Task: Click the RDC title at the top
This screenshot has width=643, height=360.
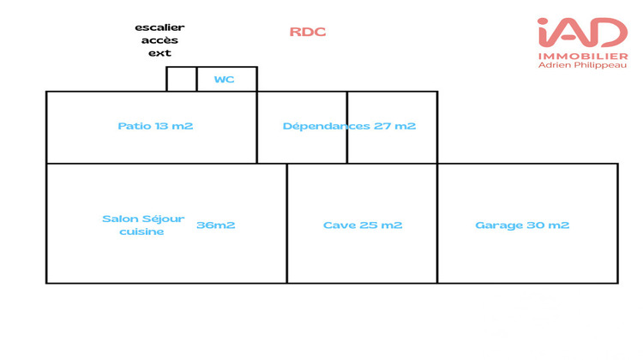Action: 308,33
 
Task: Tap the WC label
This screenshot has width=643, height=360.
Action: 224,80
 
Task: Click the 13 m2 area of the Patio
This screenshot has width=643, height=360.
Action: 174,126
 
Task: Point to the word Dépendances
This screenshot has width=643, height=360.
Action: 327,126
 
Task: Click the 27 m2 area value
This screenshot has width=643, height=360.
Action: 395,126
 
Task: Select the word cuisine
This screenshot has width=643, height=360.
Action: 141,231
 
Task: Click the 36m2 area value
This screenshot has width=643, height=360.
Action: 216,225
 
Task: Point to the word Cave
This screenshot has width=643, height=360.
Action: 339,225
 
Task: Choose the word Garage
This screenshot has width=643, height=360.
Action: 499,225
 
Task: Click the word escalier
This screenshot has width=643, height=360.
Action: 159,27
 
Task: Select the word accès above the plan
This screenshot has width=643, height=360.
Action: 159,40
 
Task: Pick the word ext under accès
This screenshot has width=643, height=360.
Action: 159,53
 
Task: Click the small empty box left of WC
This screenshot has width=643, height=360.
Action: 181,79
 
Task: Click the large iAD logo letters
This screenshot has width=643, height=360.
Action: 582,33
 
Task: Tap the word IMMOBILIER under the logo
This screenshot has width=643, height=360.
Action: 582,57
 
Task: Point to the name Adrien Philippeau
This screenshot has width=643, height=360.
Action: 582,67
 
